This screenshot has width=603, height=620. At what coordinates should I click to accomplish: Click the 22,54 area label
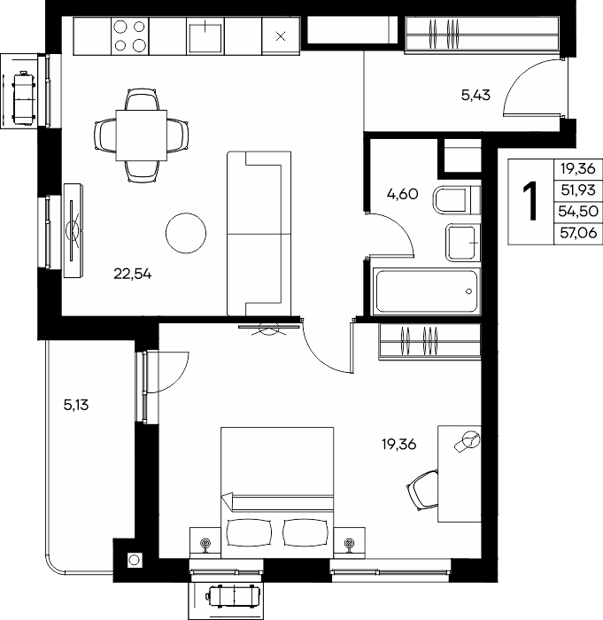(133, 274)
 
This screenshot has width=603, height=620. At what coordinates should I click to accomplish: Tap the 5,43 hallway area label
(475, 95)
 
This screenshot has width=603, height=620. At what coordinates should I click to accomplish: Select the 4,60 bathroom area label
(403, 194)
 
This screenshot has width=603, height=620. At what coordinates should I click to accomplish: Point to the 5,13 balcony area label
(76, 405)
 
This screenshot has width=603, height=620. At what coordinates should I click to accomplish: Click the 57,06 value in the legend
(578, 233)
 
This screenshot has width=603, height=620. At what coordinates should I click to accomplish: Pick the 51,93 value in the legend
(578, 190)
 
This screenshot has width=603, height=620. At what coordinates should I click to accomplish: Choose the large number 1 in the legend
(530, 201)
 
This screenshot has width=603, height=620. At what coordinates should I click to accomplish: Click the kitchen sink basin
(205, 37)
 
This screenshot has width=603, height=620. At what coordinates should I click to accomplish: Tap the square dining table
(141, 136)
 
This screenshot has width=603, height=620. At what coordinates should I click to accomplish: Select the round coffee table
(186, 233)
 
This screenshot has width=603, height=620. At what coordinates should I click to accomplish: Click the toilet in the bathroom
(457, 200)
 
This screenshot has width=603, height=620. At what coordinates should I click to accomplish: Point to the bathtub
(427, 291)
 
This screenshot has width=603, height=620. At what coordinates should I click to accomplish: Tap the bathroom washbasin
(462, 243)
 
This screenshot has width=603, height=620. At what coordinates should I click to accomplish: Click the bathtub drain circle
(469, 291)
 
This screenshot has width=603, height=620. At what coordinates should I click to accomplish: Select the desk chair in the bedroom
(422, 490)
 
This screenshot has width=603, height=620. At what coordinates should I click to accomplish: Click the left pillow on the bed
(250, 532)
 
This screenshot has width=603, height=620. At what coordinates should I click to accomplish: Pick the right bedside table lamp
(349, 545)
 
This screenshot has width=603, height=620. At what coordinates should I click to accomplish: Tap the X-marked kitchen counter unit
(281, 36)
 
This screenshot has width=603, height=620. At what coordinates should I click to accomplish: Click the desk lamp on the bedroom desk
(468, 441)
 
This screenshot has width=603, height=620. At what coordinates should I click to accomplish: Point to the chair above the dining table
(143, 99)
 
